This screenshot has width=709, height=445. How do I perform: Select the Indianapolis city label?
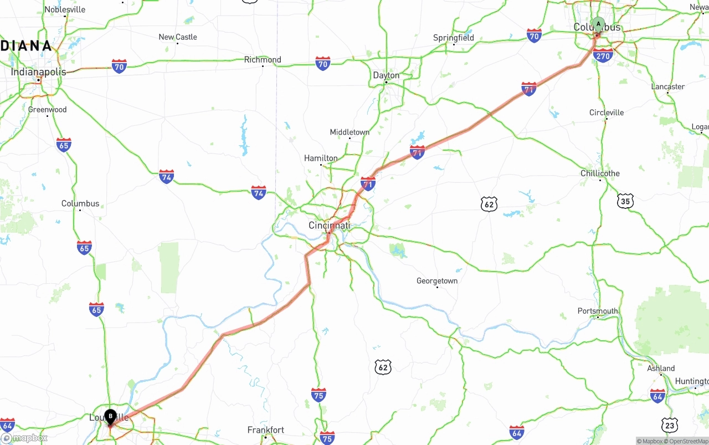pyautogui.click(x=39, y=72)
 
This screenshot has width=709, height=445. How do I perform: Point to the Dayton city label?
pyautogui.click(x=386, y=75)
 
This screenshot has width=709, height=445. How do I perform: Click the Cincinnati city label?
pyautogui.click(x=329, y=226)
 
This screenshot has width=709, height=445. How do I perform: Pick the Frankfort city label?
pyautogui.click(x=265, y=430)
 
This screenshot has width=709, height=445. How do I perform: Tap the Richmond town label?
pyautogui.click(x=263, y=60)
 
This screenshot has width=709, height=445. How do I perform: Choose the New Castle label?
pyautogui.click(x=178, y=37)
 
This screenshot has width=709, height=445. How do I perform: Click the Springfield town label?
pyautogui.click(x=454, y=38)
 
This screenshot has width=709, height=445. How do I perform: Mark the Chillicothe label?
pyautogui.click(x=600, y=173)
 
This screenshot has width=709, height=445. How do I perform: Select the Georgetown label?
pyautogui.click(x=437, y=281)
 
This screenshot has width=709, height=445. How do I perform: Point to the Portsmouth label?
pyautogui.click(x=598, y=311)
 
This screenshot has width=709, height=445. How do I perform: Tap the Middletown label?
pyautogui.click(x=350, y=132)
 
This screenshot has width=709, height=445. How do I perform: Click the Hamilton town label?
pyautogui.click(x=321, y=158)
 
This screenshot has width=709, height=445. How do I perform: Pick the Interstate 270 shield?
pyautogui.click(x=602, y=55)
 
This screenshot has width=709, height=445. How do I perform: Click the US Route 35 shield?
pyautogui.click(x=625, y=201)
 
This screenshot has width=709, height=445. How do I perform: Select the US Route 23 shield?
pyautogui.click(x=670, y=426)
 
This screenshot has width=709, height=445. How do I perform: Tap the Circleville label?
pyautogui.click(x=607, y=112)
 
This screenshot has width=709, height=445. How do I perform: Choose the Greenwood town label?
pyautogui.click(x=48, y=110)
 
